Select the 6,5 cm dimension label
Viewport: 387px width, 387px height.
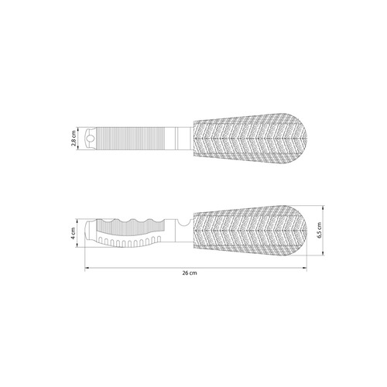(319, 230)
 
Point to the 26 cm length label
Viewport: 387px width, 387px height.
(190, 273)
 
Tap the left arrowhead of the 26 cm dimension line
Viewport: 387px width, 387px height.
(87, 268)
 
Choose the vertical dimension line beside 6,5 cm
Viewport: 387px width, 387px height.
(312, 230)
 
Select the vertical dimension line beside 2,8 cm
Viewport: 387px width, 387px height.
(80, 139)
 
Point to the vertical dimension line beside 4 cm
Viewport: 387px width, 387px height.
(80, 231)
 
